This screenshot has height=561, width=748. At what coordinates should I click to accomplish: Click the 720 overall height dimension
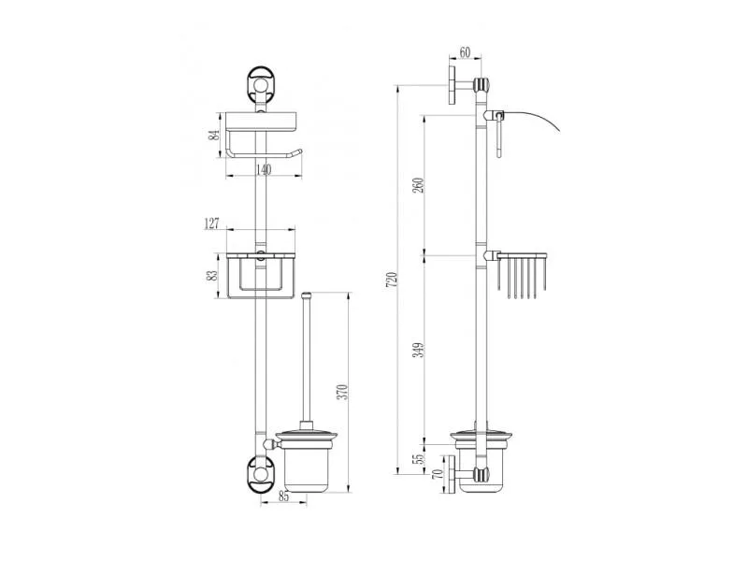(391, 280)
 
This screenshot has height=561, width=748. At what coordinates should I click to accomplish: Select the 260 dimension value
(418, 185)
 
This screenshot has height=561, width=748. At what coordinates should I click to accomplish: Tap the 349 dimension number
(418, 350)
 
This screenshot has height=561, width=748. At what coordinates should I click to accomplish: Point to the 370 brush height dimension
(343, 391)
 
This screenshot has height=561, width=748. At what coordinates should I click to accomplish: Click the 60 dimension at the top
(464, 52)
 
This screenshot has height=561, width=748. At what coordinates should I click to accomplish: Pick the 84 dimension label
(214, 135)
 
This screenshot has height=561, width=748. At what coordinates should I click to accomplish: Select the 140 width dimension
(264, 169)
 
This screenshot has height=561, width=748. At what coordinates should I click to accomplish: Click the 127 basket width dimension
(211, 223)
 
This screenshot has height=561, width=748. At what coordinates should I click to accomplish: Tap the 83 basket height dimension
(213, 275)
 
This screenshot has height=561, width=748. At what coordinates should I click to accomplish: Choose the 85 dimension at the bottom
(283, 496)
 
